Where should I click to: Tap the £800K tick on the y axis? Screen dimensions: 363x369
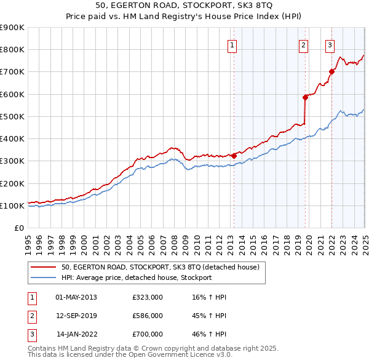coord(12,49)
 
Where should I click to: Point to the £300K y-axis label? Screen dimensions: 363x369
coord(12,161)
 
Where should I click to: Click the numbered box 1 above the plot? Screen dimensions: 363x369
coord(232,44)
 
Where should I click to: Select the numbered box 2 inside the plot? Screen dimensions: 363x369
coord(304,44)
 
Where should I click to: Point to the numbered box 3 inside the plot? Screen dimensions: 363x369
coord(330,44)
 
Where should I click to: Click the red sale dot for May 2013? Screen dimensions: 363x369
coord(234,156)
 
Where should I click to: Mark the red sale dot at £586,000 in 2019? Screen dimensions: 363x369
coord(305,97)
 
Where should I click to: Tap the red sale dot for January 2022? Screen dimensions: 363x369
coord(331,72)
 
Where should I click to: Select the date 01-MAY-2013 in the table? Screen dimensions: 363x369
coord(76,297)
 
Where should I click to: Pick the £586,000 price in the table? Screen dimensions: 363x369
coord(148,316)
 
